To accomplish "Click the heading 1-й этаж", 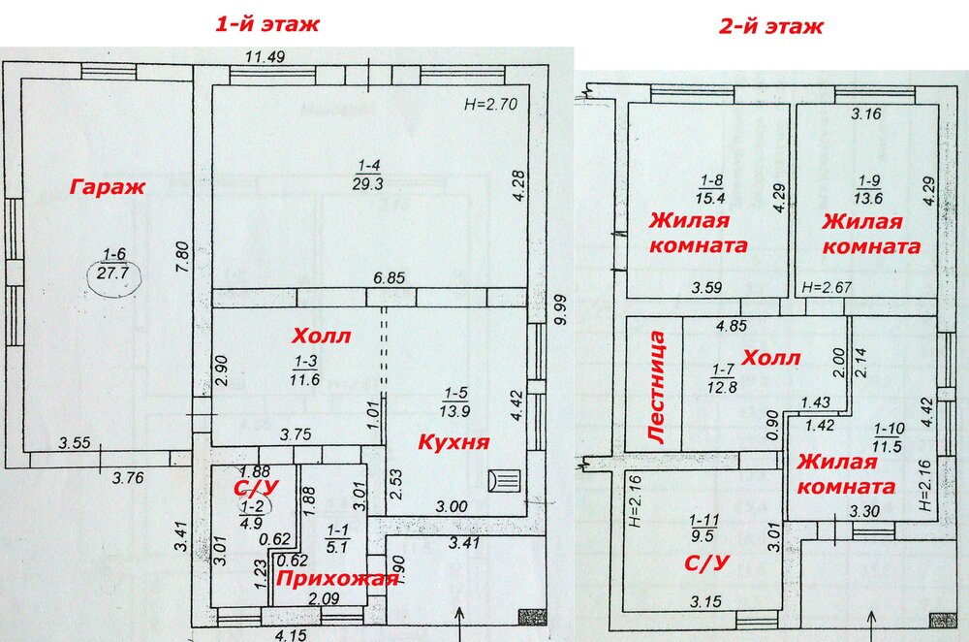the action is pyautogui.click(x=267, y=24).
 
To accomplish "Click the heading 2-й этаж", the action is pyautogui.click(x=770, y=26).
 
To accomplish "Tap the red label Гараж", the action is pyautogui.click(x=107, y=187).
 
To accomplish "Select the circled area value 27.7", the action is pyautogui.click(x=112, y=273).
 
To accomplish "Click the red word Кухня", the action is pyautogui.click(x=453, y=441).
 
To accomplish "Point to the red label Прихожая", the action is pyautogui.click(x=337, y=579).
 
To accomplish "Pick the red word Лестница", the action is pyautogui.click(x=657, y=387).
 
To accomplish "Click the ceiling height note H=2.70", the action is pyautogui.click(x=490, y=104).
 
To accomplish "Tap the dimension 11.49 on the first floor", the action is pyautogui.click(x=266, y=57).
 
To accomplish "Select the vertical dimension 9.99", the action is pyautogui.click(x=560, y=310).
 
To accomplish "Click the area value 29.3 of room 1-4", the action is pyautogui.click(x=367, y=183).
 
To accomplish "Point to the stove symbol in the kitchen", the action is pyautogui.click(x=504, y=481).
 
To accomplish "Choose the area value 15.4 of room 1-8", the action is pyautogui.click(x=710, y=198).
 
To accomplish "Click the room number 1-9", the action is pyautogui.click(x=869, y=182).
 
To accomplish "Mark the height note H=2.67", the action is pyautogui.click(x=827, y=288).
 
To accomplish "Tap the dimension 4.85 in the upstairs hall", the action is pyautogui.click(x=732, y=326).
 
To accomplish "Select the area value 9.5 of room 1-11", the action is pyautogui.click(x=703, y=535).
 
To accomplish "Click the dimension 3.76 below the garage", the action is pyautogui.click(x=128, y=477).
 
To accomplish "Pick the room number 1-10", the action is pyautogui.click(x=890, y=430).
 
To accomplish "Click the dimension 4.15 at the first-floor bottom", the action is pyautogui.click(x=291, y=634).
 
